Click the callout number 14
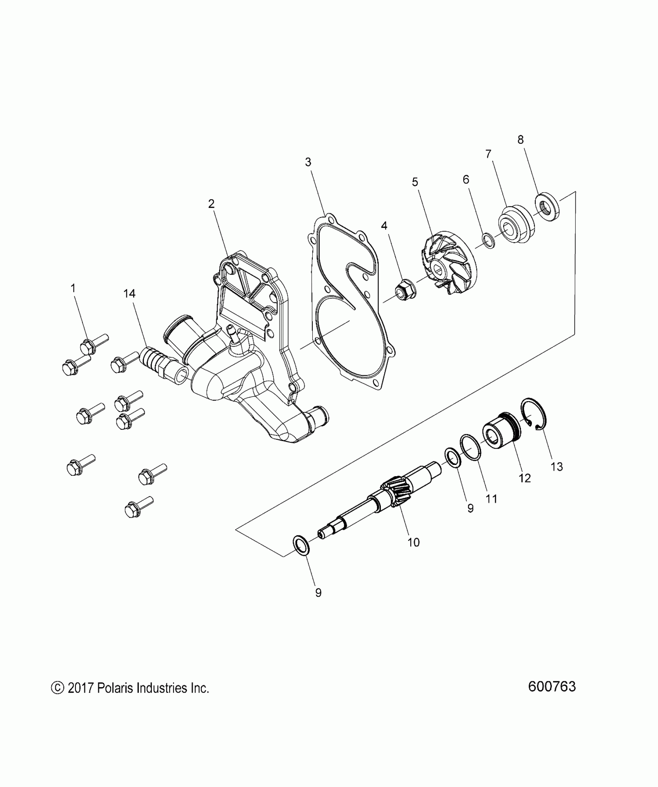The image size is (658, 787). tap(129, 294)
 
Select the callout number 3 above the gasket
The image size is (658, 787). tap(308, 162)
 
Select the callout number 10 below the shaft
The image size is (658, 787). tap(413, 542)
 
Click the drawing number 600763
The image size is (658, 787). tap(552, 686)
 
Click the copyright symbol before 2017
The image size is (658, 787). tap(57, 688)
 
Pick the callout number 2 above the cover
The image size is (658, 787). tap(211, 204)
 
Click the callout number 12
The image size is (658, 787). tap(524, 478)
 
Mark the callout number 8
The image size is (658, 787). tap(521, 140)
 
